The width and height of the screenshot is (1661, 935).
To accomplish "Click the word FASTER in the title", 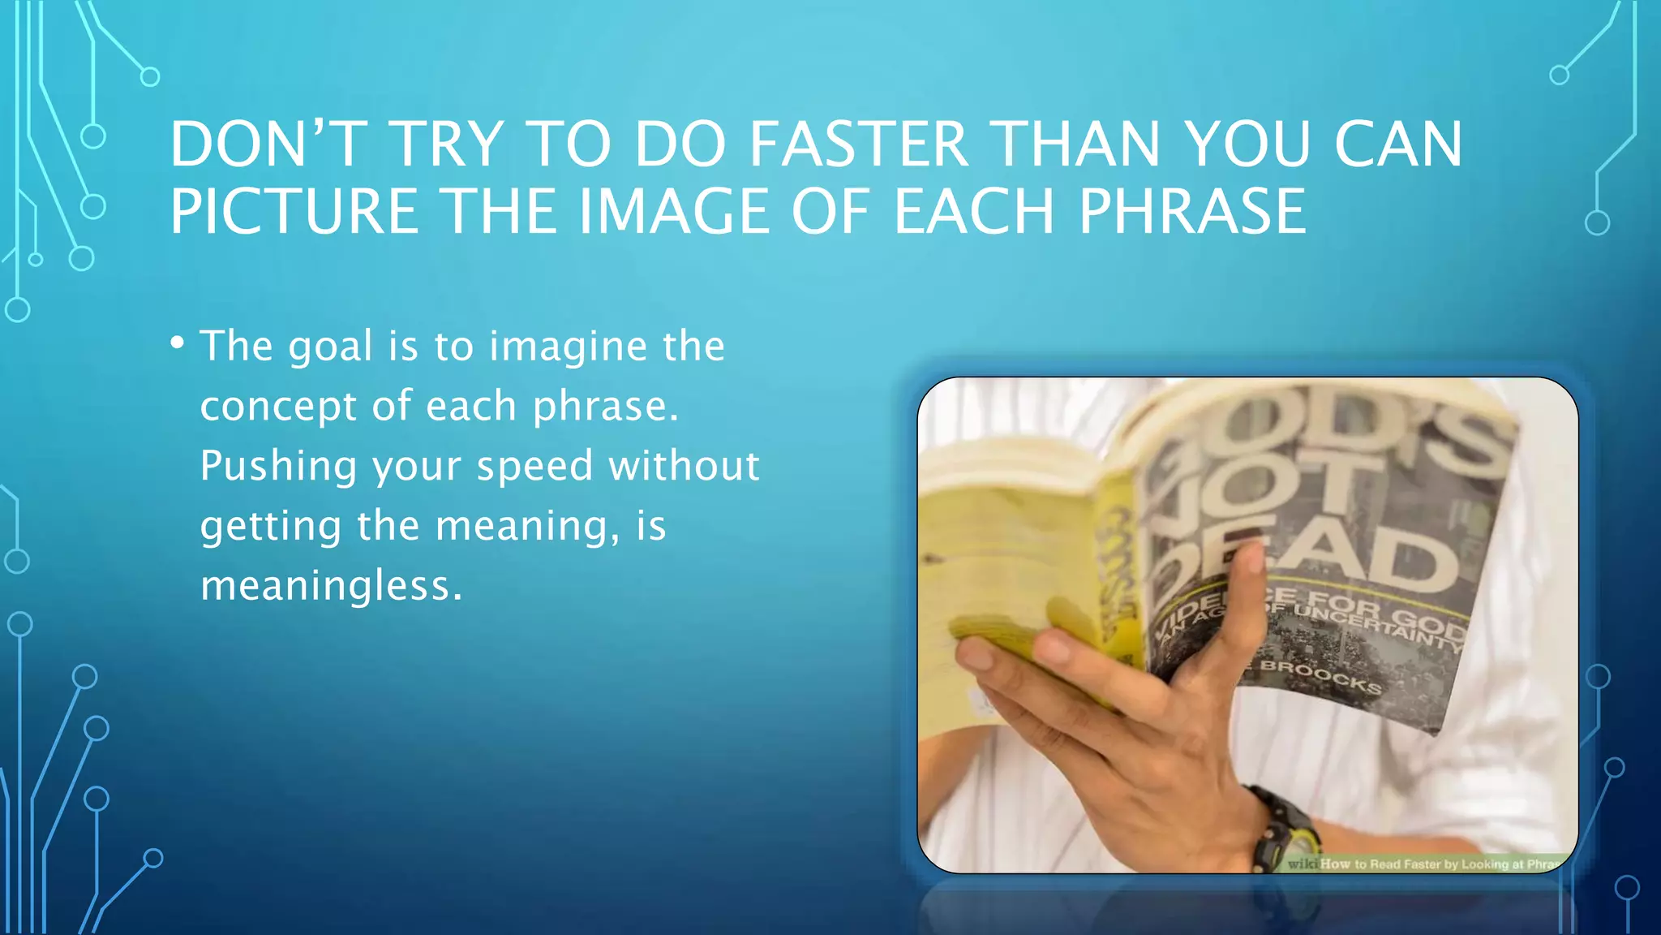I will tap(858, 144).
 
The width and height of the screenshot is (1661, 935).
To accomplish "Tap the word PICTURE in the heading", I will tap(294, 212).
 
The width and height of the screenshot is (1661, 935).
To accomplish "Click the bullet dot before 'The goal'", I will tap(178, 343).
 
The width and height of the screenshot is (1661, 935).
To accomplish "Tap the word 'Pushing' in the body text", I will tap(278, 467).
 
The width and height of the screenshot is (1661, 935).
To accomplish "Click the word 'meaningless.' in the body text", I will tap(332, 585).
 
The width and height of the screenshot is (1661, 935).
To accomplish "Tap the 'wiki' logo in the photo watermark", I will tap(1303, 864).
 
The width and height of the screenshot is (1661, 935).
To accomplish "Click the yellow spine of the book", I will tap(1119, 568).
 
